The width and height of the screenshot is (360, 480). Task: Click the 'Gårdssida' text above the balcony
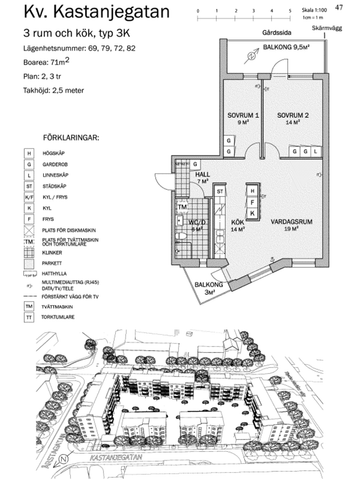point(277,33)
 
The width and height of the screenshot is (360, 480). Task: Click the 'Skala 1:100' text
point(332,10)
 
